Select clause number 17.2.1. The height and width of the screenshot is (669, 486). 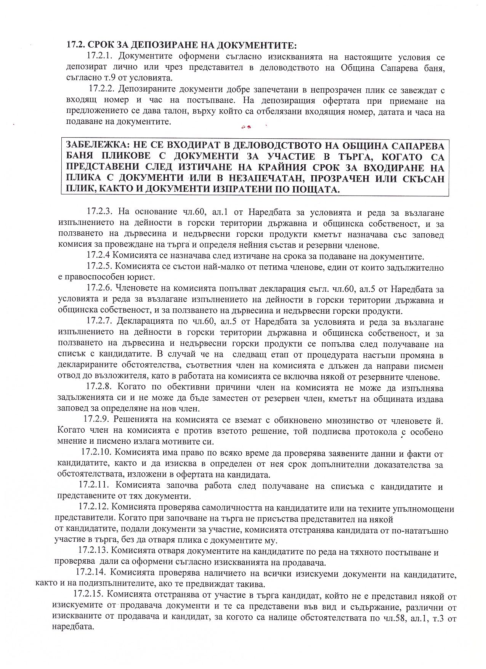pyautogui.click(x=99, y=56)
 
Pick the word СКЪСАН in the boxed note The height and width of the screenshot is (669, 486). pyautogui.click(x=422, y=178)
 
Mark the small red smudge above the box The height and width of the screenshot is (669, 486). pyautogui.click(x=245, y=127)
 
